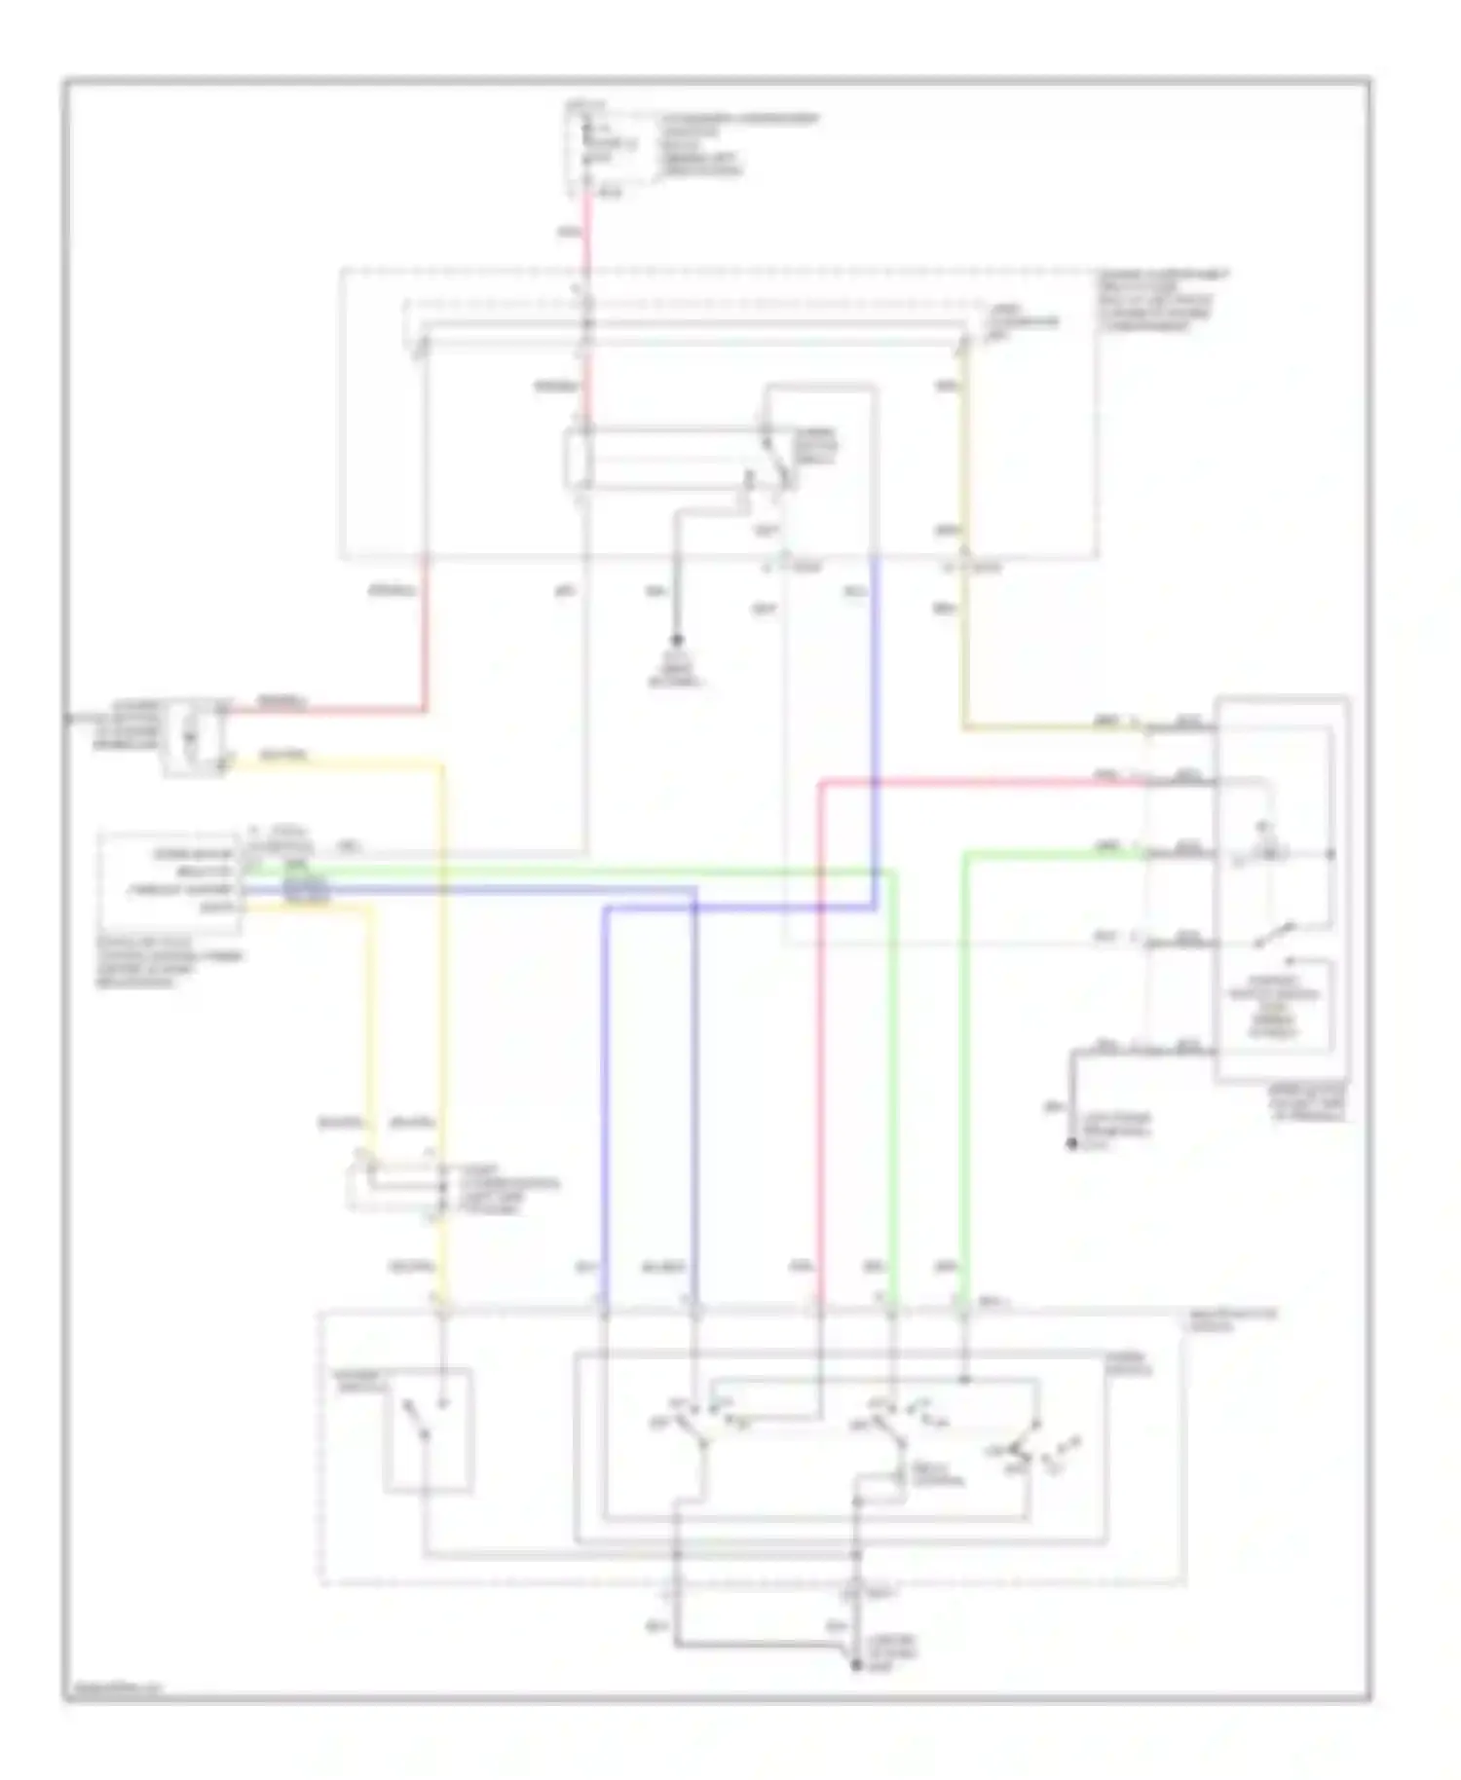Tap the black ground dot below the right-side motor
point(1072,1144)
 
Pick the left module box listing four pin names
point(168,880)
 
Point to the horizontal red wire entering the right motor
point(984,781)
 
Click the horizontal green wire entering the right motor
point(1052,854)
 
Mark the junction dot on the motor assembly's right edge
point(1331,854)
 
